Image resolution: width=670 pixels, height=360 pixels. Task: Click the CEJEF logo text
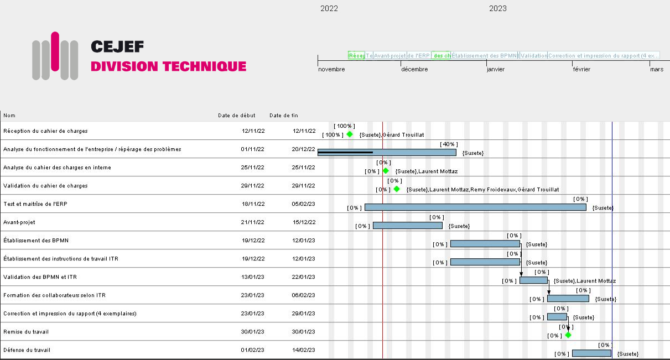(117, 46)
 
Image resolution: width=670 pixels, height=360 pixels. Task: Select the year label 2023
(497, 8)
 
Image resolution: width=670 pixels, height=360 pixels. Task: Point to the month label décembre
(414, 70)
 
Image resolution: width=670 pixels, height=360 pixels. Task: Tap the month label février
(581, 70)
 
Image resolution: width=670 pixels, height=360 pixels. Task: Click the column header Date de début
(236, 116)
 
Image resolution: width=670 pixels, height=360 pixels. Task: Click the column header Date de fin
(283, 116)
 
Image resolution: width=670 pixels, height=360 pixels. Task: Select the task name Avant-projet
(19, 222)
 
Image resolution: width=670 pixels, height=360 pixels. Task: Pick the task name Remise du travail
(26, 332)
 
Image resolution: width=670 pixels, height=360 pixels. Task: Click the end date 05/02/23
(303, 204)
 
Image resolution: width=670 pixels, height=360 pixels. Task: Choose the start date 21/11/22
(253, 222)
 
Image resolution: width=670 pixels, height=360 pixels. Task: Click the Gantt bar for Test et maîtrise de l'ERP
(475, 207)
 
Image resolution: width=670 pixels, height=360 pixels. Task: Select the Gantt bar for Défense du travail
(591, 353)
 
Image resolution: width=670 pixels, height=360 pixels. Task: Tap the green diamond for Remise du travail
(568, 335)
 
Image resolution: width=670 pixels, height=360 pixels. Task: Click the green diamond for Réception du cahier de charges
(350, 134)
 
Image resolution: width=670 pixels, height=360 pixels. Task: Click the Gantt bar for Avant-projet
(407, 226)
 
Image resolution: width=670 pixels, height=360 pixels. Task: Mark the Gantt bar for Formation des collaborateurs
(568, 299)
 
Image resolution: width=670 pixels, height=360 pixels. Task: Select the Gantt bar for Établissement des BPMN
(485, 244)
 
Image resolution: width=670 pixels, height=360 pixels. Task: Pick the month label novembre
(331, 70)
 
